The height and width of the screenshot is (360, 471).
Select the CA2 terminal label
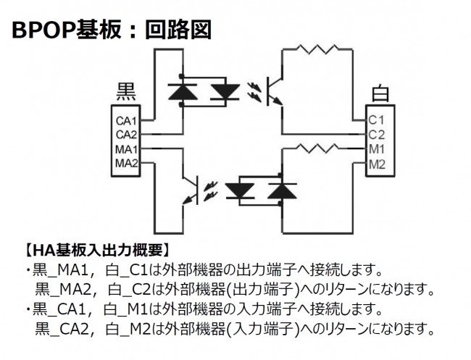point(127,134)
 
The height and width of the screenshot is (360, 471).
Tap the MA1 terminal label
point(127,149)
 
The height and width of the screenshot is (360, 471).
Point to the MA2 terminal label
point(127,164)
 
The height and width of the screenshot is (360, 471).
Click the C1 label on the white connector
point(376,119)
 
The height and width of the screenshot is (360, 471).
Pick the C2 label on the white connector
point(376,134)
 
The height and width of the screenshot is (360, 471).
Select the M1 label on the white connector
point(376,149)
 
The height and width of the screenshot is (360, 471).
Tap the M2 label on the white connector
point(376,164)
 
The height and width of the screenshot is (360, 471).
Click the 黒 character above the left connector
point(127,92)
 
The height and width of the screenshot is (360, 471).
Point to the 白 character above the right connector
point(379,94)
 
